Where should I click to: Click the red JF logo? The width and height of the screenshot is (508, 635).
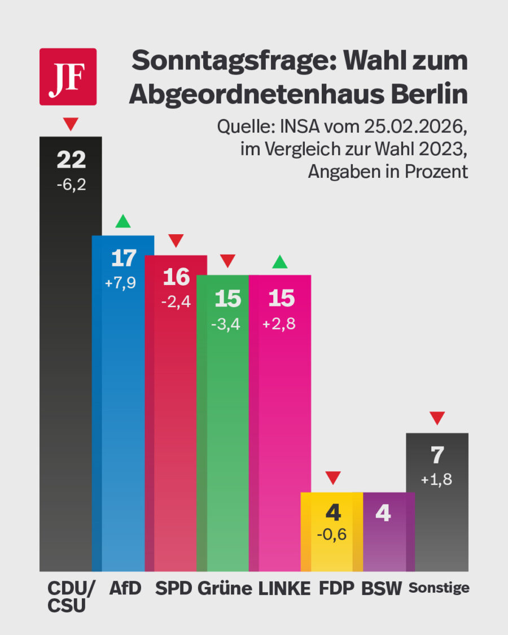(x=68, y=77)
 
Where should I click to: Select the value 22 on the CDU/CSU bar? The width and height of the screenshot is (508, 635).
(x=71, y=160)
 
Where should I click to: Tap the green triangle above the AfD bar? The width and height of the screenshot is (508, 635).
(x=122, y=221)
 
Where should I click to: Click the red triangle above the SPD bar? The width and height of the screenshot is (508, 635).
(x=176, y=241)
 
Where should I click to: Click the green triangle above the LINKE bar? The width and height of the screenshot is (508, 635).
(x=280, y=261)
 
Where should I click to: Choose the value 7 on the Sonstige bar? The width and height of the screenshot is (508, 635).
(x=437, y=456)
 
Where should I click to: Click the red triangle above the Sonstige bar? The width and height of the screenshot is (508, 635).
(x=437, y=418)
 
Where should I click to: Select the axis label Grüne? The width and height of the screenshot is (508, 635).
(x=225, y=589)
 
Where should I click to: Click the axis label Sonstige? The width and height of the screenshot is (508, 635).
(x=439, y=588)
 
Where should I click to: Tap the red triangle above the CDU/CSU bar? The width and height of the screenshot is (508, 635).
(x=71, y=124)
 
